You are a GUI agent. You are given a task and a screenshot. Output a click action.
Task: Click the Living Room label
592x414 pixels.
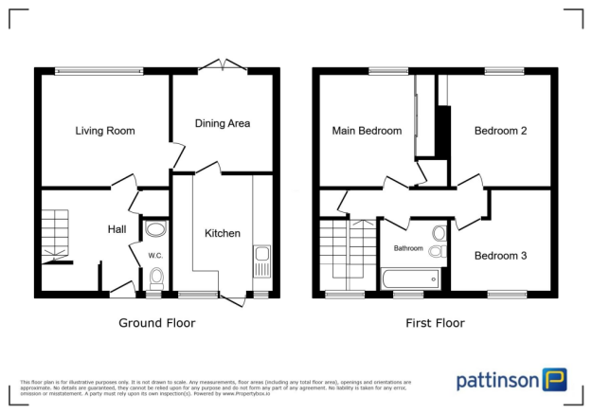(x=105, y=131)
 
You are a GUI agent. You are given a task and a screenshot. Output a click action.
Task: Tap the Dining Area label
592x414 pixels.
(x=223, y=122)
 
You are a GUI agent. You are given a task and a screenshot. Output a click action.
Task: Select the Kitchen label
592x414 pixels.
(x=223, y=233)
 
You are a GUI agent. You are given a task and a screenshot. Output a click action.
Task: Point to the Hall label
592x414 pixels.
(x=117, y=229)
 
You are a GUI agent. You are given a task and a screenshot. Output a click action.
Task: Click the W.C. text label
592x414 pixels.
(x=155, y=255)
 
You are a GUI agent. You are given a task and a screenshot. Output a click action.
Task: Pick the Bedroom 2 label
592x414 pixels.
(x=500, y=131)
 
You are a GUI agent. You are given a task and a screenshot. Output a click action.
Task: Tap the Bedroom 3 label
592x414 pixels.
(x=501, y=255)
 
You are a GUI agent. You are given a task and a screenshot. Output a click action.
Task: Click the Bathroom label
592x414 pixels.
(x=409, y=248)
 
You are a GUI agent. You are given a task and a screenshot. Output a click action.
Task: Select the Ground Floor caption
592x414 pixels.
(x=156, y=323)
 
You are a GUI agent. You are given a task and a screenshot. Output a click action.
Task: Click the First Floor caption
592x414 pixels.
(x=435, y=323)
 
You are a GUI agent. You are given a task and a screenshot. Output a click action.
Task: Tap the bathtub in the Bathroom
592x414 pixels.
(x=409, y=279)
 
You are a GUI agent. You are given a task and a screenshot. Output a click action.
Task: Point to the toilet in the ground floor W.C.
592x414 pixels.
(x=156, y=278)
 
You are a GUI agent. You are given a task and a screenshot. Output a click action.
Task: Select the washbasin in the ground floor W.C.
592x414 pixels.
(x=155, y=228)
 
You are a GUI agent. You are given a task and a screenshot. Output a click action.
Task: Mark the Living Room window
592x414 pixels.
(x=99, y=70)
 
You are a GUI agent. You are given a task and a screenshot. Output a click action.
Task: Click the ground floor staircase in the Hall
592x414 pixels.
(x=55, y=233)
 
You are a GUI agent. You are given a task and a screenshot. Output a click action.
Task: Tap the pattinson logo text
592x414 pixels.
(x=498, y=380)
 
